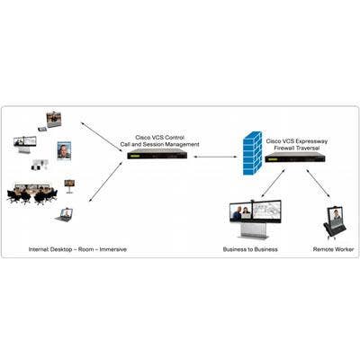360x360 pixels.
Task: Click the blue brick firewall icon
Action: tap(252, 153)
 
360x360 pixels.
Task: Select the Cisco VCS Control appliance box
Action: tap(157, 154)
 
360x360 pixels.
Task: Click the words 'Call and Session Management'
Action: tap(159, 145)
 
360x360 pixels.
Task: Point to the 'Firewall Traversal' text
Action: tap(297, 148)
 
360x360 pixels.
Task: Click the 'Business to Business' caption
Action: tap(250, 249)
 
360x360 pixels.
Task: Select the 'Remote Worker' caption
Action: tap(333, 249)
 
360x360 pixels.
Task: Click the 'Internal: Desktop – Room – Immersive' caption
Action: tap(77, 249)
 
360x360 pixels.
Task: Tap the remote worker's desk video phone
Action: tap(335, 222)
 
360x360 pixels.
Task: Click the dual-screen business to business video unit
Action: tap(256, 219)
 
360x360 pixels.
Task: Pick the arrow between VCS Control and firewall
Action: tap(215, 157)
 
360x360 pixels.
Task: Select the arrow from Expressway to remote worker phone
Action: tap(318, 183)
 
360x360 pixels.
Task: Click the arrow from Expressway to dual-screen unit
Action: tap(273, 183)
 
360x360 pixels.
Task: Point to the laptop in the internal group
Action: tap(64, 215)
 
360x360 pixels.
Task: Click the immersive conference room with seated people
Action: tap(32, 193)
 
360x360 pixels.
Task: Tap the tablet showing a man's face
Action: tap(64, 150)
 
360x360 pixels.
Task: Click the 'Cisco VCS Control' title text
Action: tap(159, 138)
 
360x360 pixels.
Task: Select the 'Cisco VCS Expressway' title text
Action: tap(297, 141)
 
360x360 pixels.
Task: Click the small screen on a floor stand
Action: tap(69, 186)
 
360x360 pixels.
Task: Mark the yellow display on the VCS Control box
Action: tap(134, 157)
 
